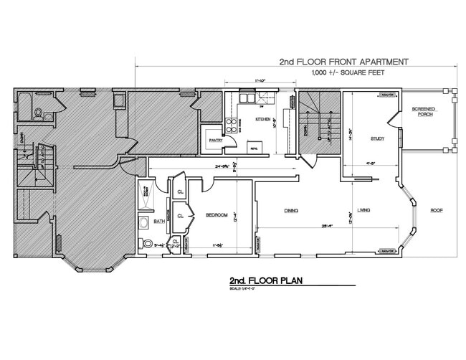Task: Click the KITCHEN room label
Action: (263, 119)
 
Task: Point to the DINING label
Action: (290, 210)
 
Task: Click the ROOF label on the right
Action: (437, 210)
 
